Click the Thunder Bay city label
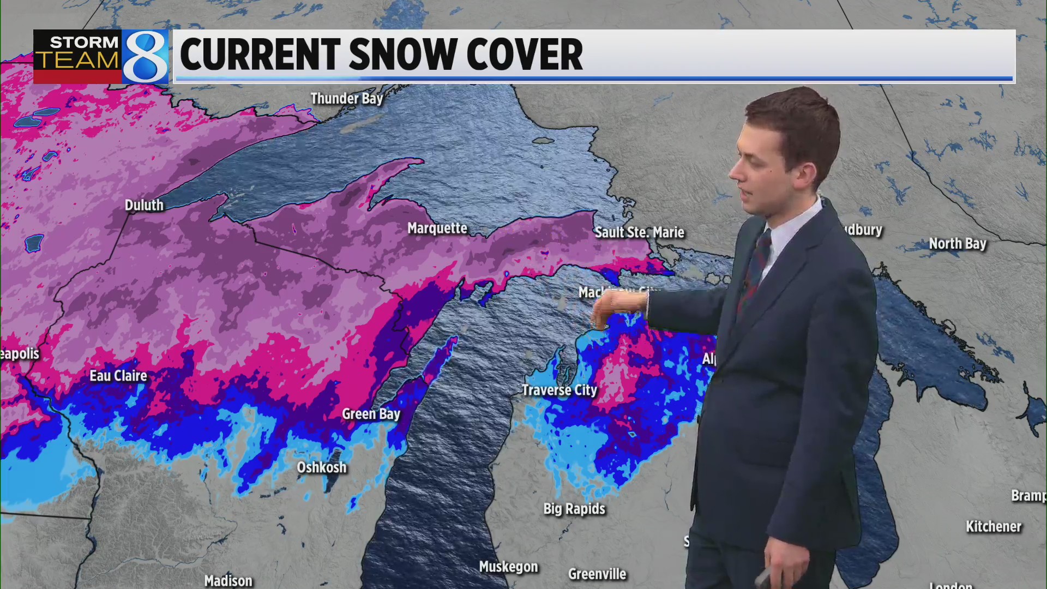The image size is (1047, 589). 347,99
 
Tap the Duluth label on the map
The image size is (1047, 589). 144,206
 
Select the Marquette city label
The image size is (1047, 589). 437,229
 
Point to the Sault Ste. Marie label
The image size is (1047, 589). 639,233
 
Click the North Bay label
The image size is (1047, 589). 958,244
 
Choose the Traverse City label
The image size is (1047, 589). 559,390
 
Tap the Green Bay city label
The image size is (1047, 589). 371,414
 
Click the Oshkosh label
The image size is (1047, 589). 322,468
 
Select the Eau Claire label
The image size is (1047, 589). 118,376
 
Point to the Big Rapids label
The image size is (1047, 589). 574,509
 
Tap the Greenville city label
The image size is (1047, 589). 597,574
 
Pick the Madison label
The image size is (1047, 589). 228,581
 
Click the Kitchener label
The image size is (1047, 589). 994,527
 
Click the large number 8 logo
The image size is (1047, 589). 145,57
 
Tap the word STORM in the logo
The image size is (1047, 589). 84,42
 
